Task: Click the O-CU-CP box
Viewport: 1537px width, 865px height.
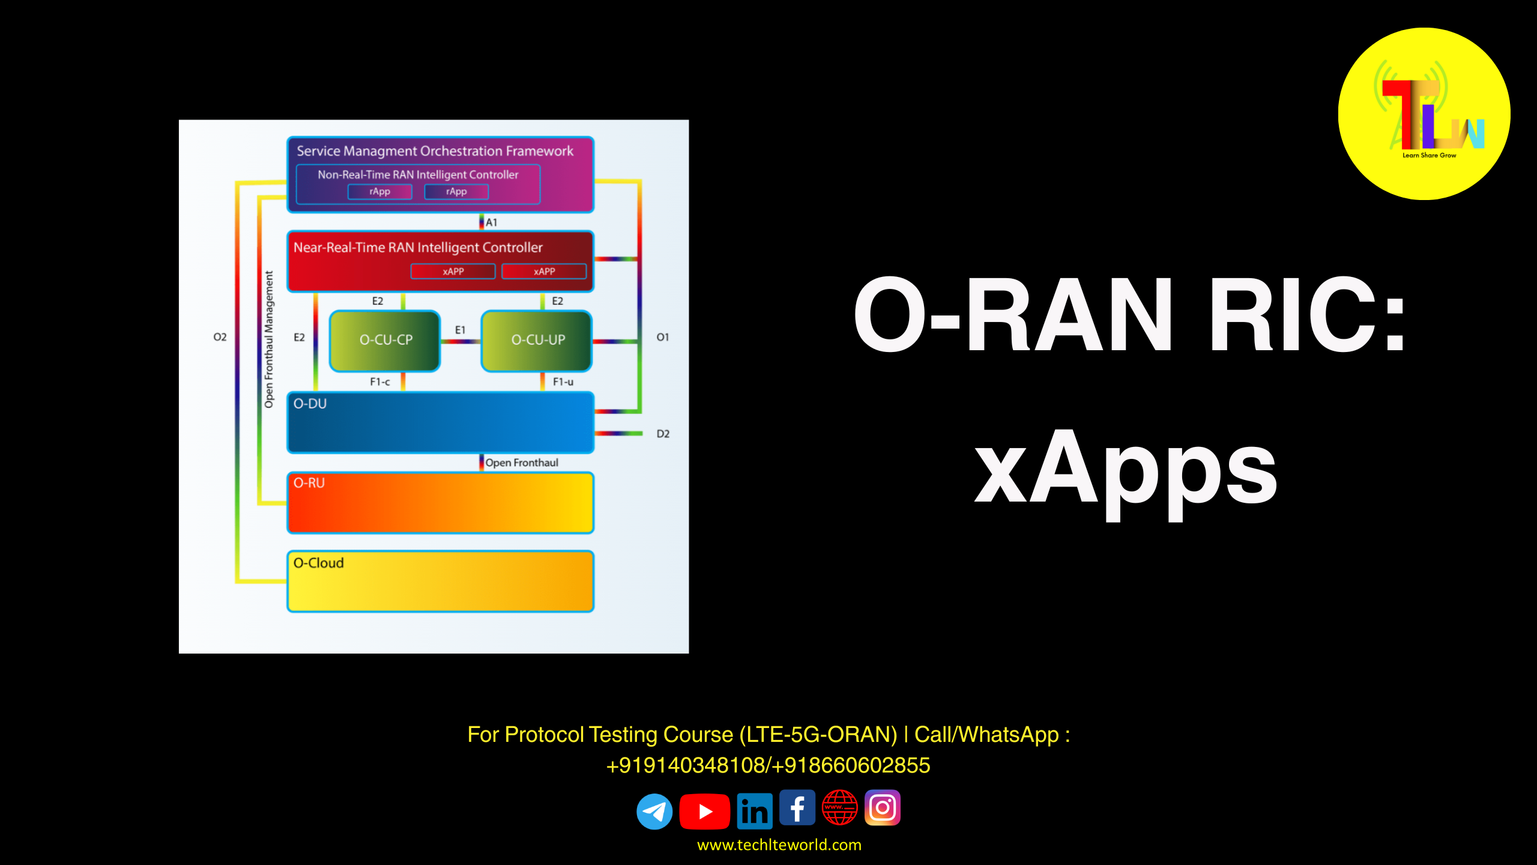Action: pyautogui.click(x=385, y=340)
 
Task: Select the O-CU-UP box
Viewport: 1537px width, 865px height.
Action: pyautogui.click(x=537, y=340)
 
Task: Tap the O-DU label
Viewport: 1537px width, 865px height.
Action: pyautogui.click(x=310, y=404)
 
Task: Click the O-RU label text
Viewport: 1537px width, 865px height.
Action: pyautogui.click(x=309, y=483)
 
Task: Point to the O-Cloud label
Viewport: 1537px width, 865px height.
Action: pyautogui.click(x=318, y=563)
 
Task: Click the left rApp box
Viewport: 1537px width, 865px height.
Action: pyautogui.click(x=379, y=192)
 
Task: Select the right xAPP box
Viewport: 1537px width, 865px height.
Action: pyautogui.click(x=544, y=272)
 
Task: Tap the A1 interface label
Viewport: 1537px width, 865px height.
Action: pyautogui.click(x=491, y=222)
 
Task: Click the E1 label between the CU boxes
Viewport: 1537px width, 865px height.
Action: pyautogui.click(x=460, y=330)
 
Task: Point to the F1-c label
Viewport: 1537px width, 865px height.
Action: pyautogui.click(x=379, y=381)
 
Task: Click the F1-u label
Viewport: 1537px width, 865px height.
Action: pyautogui.click(x=563, y=381)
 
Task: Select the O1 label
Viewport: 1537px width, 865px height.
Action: pyautogui.click(x=662, y=337)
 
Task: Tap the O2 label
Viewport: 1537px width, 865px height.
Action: pyautogui.click(x=220, y=337)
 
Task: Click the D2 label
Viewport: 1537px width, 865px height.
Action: pyautogui.click(x=662, y=434)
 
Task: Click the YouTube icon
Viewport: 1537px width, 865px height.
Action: pyautogui.click(x=704, y=812)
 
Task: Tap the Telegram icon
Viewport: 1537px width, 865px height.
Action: pyautogui.click(x=654, y=812)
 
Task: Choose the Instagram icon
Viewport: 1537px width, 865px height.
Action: pyautogui.click(x=882, y=807)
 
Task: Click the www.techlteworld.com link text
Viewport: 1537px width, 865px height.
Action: pyautogui.click(x=779, y=845)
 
